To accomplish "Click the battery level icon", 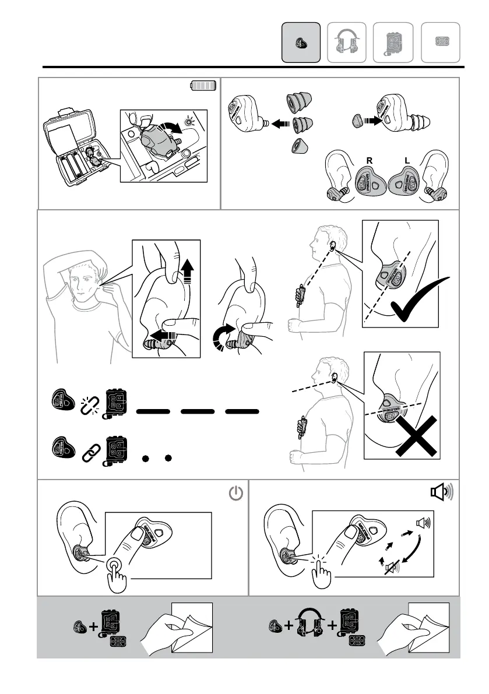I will (x=203, y=86).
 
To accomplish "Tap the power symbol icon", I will (x=234, y=495).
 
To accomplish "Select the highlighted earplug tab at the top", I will (x=301, y=42).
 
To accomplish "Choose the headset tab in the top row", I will (x=347, y=42).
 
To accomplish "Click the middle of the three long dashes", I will (x=197, y=411).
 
